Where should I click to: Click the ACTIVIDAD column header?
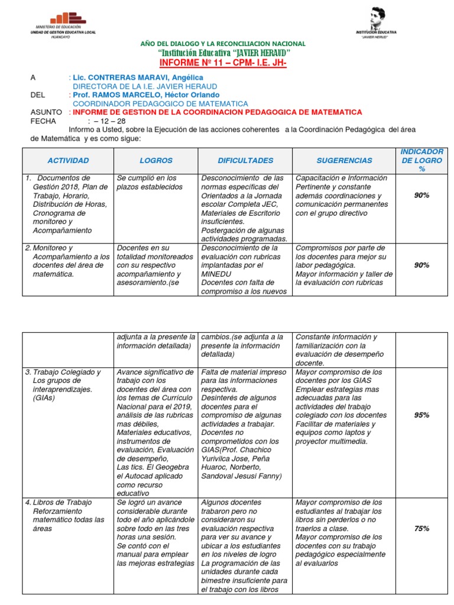(x=68, y=160)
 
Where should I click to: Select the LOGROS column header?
(x=156, y=160)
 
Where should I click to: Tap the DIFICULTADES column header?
(x=245, y=160)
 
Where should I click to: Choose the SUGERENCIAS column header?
(x=344, y=160)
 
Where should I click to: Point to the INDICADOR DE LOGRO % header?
(x=421, y=160)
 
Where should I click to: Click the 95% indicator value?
(x=421, y=415)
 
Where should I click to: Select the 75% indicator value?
(x=421, y=529)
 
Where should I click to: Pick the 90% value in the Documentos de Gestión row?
(x=421, y=196)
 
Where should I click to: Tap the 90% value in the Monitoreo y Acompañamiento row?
(x=421, y=265)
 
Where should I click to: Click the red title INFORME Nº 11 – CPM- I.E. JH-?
(x=222, y=63)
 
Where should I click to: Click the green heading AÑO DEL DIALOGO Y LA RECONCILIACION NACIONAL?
(x=222, y=44)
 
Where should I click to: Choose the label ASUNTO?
(x=46, y=112)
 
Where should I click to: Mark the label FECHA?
(x=43, y=121)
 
